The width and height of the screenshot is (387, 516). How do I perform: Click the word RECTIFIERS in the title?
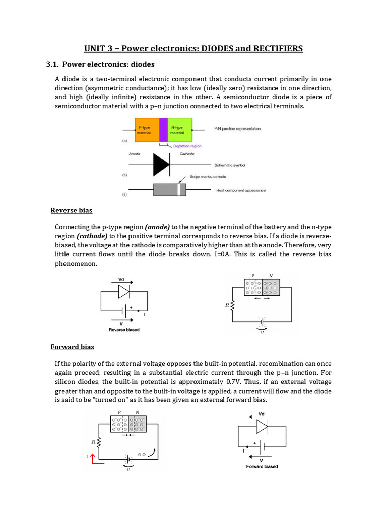pos(273,48)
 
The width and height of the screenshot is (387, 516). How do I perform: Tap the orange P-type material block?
pos(147,130)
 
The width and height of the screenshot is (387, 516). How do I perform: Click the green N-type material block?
pos(180,130)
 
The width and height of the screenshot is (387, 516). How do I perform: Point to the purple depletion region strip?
pos(163,130)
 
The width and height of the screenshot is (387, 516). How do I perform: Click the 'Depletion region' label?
pos(187,146)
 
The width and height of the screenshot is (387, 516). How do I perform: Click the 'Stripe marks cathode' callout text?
pos(208,177)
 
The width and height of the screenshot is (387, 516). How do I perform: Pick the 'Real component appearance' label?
pos(240,190)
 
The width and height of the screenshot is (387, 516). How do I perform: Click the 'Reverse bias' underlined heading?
pos(71,210)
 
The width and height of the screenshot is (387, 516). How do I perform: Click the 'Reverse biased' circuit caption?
pos(124,330)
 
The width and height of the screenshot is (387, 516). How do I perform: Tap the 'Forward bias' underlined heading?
pos(72,347)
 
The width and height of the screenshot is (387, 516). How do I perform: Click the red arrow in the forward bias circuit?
pos(92,457)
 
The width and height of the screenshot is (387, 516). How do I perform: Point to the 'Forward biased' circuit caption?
pos(262,466)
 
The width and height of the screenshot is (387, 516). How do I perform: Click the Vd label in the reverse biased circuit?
pos(121,279)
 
